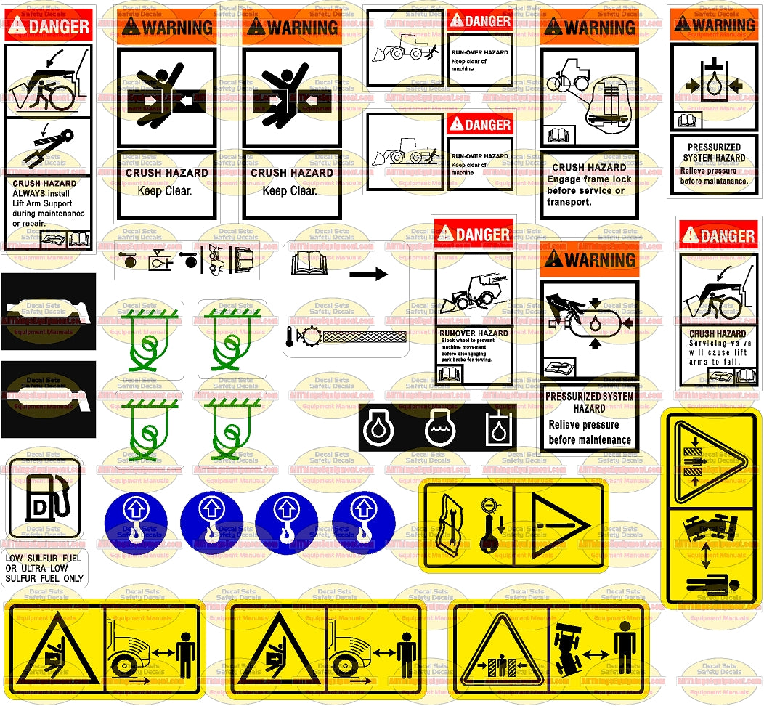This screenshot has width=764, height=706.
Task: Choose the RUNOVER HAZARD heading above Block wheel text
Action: pyautogui.click(x=474, y=333)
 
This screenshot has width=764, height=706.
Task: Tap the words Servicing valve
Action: pyautogui.click(x=718, y=343)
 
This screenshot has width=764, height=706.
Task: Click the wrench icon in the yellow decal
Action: pyautogui.click(x=447, y=524)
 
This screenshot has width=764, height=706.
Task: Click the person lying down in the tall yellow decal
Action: pyautogui.click(x=711, y=582)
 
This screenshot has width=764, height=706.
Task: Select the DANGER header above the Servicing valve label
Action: pyautogui.click(x=718, y=235)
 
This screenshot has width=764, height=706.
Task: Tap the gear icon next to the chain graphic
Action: pyautogui.click(x=314, y=337)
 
